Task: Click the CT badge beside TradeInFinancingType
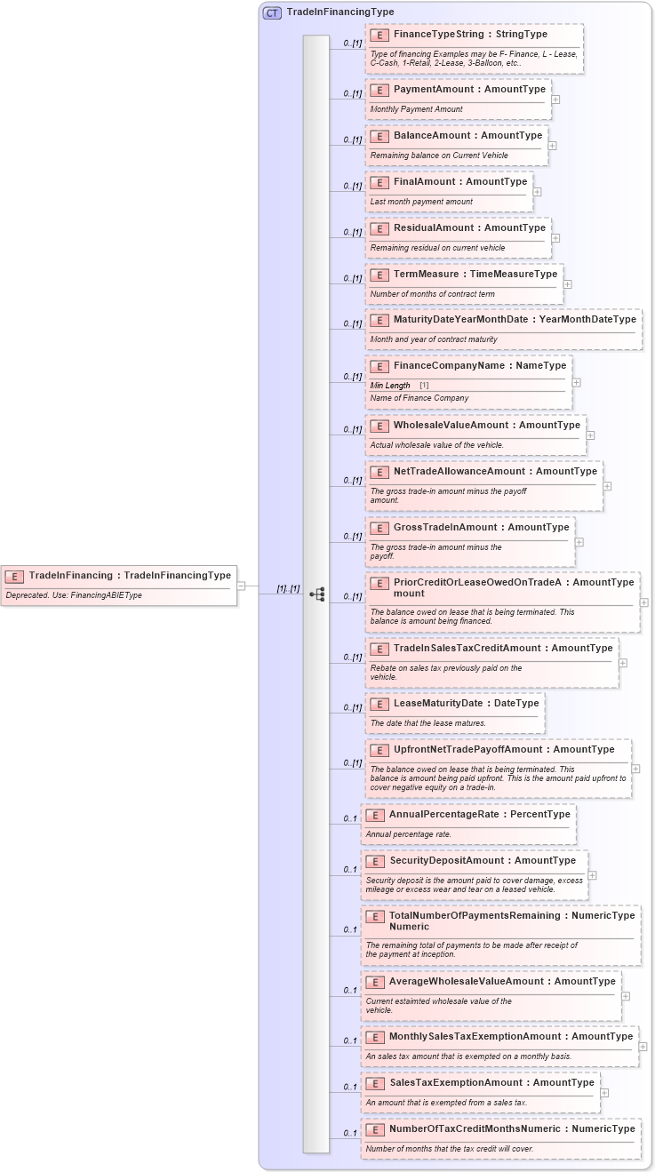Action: click(x=272, y=12)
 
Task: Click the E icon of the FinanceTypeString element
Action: click(x=379, y=35)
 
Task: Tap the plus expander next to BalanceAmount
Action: click(x=552, y=145)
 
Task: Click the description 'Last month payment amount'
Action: click(x=421, y=202)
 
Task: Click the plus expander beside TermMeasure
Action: click(x=567, y=284)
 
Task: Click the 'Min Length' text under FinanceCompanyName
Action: click(x=390, y=386)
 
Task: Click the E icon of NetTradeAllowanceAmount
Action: click(x=379, y=472)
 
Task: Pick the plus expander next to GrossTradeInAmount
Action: click(x=579, y=541)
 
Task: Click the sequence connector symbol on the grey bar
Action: click(x=316, y=594)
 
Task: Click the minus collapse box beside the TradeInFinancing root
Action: click(x=242, y=586)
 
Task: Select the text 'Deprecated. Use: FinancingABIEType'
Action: click(x=74, y=595)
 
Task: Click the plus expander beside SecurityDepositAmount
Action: click(x=592, y=875)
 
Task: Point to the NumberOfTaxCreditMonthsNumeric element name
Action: click(x=512, y=1129)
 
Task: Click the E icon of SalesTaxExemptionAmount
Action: click(x=375, y=1083)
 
